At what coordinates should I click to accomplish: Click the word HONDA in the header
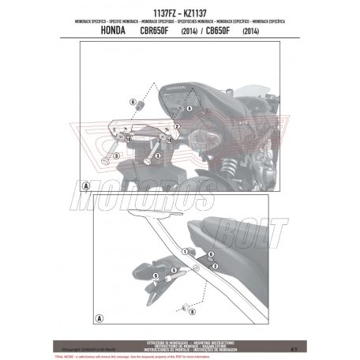click(118, 31)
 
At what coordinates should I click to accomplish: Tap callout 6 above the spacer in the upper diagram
click(132, 103)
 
